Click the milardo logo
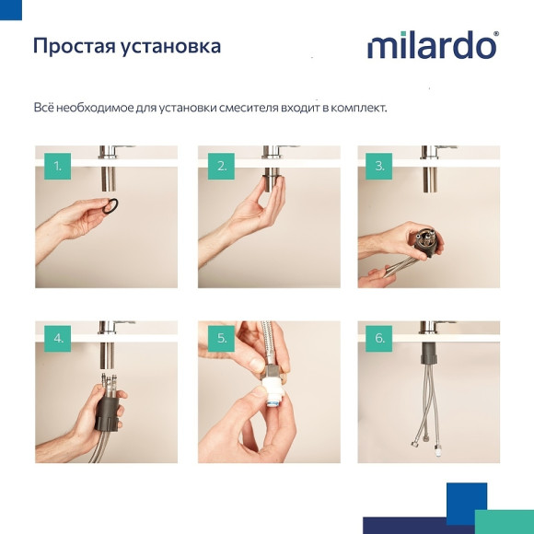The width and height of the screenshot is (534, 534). (x=432, y=45)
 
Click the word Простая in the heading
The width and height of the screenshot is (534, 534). (x=74, y=45)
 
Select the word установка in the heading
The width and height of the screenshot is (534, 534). (x=171, y=47)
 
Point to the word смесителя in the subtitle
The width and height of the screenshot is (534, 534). (x=250, y=109)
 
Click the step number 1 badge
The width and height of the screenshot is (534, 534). (x=57, y=166)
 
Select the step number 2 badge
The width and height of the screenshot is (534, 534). (x=221, y=166)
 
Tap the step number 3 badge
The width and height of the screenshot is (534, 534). (x=379, y=166)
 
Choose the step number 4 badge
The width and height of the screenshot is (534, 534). (x=57, y=338)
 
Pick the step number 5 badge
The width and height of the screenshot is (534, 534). (x=221, y=338)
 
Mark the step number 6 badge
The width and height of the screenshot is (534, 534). (x=379, y=338)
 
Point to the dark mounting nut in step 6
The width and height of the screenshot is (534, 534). (x=429, y=355)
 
